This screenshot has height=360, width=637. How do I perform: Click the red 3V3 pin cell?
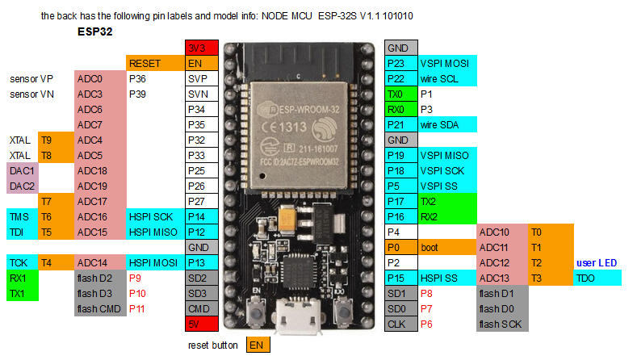(x=201, y=47)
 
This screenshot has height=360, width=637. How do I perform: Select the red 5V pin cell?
(x=201, y=324)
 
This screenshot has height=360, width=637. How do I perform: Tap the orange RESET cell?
(x=154, y=63)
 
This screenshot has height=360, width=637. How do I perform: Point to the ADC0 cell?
(x=99, y=78)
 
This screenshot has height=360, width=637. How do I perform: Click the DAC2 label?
(x=22, y=186)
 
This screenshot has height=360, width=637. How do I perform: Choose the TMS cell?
(x=22, y=216)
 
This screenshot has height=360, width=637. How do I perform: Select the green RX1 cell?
(x=22, y=278)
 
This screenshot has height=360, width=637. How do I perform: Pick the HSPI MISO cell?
(x=154, y=232)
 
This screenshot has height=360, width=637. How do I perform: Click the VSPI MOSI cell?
(x=447, y=63)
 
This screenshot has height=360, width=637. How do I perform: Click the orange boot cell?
(x=447, y=247)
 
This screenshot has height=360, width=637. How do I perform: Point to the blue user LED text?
(x=597, y=263)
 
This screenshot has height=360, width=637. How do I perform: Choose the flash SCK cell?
(x=501, y=324)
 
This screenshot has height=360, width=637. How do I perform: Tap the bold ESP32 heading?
(x=94, y=32)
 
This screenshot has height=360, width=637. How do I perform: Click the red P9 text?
(x=136, y=278)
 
